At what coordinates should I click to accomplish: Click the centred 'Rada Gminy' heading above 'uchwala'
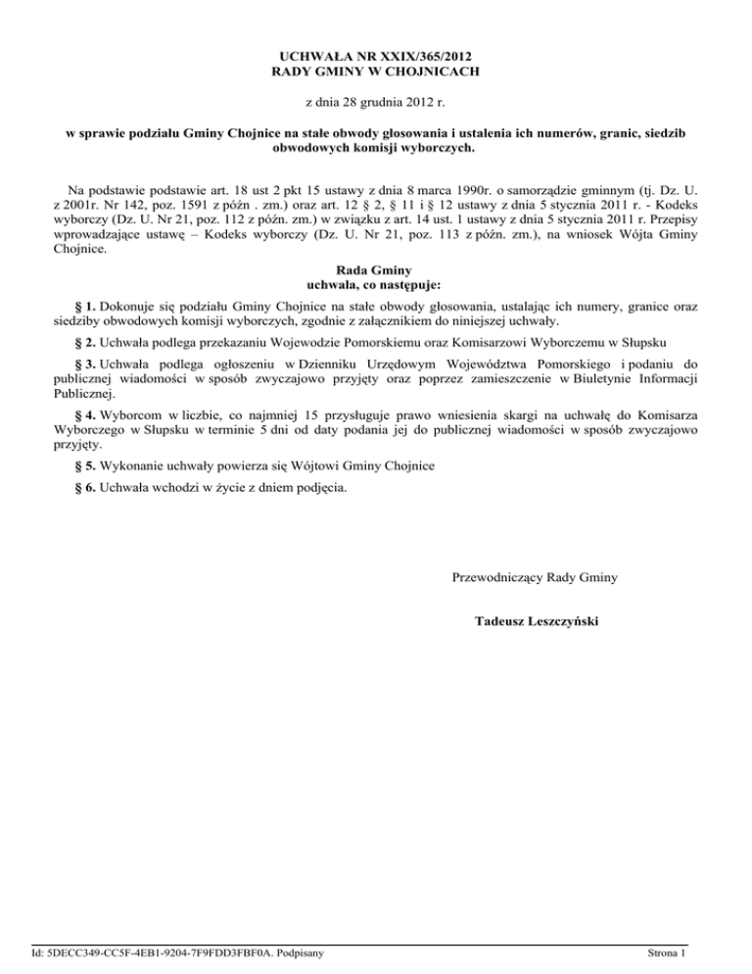(376, 270)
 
